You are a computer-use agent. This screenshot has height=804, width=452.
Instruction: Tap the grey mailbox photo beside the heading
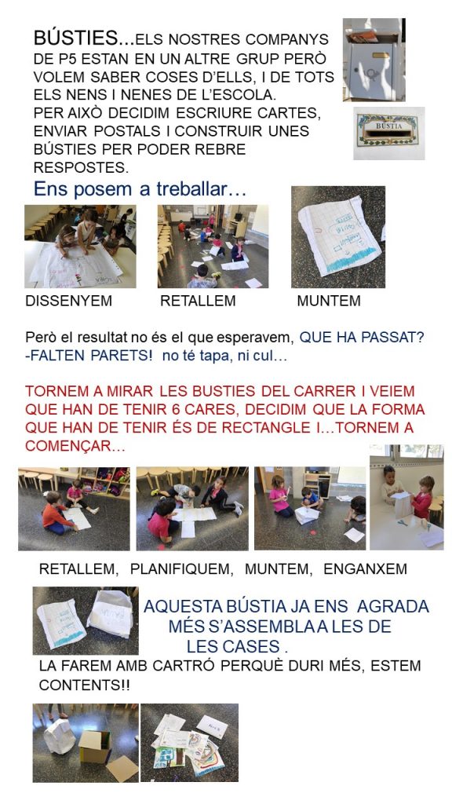pyautogui.click(x=374, y=60)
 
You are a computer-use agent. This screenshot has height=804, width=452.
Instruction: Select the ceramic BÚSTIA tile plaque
pyautogui.click(x=389, y=133)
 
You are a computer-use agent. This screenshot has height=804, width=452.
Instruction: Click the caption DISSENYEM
pyautogui.click(x=69, y=301)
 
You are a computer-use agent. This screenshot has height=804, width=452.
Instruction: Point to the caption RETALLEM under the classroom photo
pyautogui.click(x=198, y=301)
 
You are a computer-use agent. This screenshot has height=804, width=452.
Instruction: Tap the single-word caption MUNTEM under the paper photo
pyautogui.click(x=329, y=301)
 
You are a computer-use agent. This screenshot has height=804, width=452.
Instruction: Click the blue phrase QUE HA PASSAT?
pyautogui.click(x=362, y=338)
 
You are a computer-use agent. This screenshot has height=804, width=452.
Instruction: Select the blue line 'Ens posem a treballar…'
pyautogui.click(x=140, y=189)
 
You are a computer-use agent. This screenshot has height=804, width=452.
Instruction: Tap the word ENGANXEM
pyautogui.click(x=366, y=568)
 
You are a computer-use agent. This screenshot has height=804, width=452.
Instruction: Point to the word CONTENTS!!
pyautogui.click(x=85, y=685)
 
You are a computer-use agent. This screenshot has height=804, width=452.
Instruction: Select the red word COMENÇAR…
pyautogui.click(x=75, y=446)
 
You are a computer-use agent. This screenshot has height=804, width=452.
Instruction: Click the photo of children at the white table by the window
pyautogui.click(x=407, y=497)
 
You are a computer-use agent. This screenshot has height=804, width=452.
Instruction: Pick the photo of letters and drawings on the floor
pyautogui.click(x=190, y=743)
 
